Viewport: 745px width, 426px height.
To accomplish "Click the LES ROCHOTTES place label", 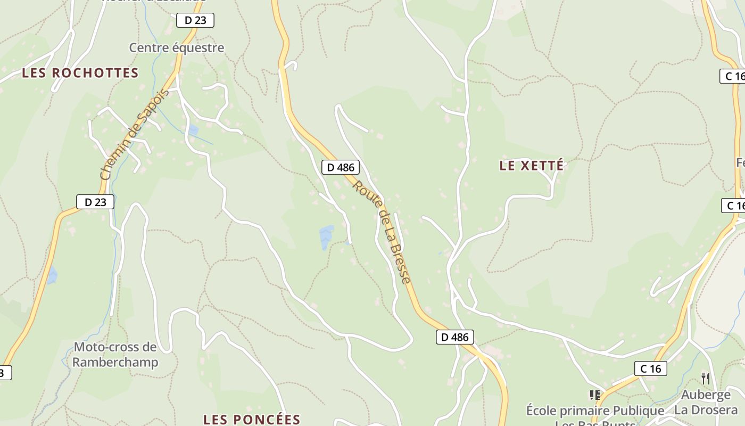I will tap(80, 73).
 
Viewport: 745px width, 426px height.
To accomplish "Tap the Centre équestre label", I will tap(177, 47).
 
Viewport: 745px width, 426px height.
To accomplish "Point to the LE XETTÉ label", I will tap(532, 166).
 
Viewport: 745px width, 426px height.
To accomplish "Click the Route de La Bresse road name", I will tap(382, 232).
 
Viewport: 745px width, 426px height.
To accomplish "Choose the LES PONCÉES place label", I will tap(252, 419).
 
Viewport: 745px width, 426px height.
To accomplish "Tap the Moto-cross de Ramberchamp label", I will tap(115, 355).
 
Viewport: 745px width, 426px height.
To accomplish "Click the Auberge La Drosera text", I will tap(706, 402).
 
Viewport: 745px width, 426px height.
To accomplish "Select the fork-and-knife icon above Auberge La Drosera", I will tap(706, 379).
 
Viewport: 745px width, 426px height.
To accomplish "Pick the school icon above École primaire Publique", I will tap(595, 395).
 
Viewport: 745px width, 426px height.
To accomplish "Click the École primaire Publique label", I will tap(595, 411).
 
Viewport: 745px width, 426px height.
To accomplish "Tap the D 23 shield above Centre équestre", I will tap(195, 20).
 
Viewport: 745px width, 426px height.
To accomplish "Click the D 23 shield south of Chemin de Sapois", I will tap(95, 202).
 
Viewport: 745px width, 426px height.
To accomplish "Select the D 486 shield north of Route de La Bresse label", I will tap(341, 167).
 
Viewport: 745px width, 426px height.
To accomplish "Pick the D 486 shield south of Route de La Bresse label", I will tap(455, 337).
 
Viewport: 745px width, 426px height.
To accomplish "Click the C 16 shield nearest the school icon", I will tap(650, 368).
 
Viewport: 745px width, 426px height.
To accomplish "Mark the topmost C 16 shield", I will tap(733, 76).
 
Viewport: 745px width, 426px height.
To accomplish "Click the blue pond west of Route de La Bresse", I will tap(326, 237).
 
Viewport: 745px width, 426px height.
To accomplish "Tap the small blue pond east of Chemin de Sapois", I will tap(193, 129).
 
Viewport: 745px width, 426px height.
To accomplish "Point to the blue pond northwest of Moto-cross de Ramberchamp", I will tap(52, 275).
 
